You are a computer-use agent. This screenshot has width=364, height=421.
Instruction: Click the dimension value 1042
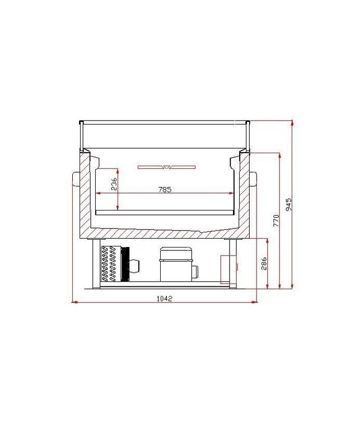pos(165,299)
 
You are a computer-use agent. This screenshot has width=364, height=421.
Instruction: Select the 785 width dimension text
pos(164,190)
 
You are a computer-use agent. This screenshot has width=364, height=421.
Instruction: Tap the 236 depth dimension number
pos(114,184)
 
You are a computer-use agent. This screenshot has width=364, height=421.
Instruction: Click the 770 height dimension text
pos(276,219)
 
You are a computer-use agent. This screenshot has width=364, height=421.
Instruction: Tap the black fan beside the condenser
pos(125,264)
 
